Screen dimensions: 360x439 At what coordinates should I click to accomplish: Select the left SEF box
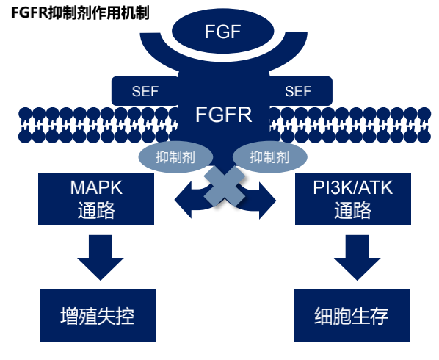[x=145, y=90]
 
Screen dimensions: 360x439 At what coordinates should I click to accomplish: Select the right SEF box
[x=298, y=90]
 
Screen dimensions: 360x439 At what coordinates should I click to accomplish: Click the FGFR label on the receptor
[x=224, y=114]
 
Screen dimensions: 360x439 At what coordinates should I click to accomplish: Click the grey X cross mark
[x=223, y=185]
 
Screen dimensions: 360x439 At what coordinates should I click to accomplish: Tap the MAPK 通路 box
[x=95, y=199]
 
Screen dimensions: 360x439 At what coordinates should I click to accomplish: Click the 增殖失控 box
[x=97, y=316]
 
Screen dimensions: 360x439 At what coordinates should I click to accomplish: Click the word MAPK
[x=96, y=187]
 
